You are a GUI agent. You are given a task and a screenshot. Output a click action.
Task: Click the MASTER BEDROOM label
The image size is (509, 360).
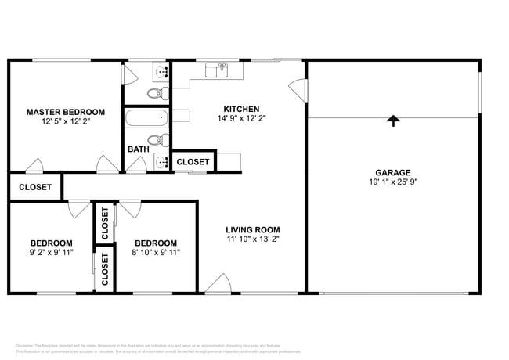coord(62,111)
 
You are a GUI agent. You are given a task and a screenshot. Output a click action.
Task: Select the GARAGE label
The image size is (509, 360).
coord(392,173)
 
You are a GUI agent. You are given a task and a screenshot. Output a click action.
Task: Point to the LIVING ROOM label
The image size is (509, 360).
coord(253,229)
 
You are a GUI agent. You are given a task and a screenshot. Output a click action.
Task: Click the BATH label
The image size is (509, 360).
coord(139,149)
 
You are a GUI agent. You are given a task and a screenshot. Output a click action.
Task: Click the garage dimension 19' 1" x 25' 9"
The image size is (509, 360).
coord(392,183)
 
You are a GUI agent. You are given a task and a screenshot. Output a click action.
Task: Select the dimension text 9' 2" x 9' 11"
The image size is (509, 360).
coord(52,253)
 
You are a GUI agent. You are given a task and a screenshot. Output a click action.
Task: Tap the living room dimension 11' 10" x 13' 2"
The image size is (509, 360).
coord(253,239)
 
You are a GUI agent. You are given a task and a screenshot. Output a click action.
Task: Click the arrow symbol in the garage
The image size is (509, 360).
coord(392,120)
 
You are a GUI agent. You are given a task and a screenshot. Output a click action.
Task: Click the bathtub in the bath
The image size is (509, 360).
coord(147,119)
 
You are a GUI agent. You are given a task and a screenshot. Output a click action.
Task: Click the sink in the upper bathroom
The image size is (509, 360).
coord(162,72)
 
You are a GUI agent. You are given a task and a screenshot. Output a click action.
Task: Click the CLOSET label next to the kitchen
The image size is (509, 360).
coord(193,162)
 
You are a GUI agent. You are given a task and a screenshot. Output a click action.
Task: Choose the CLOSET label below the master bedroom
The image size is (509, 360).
coord(35,187)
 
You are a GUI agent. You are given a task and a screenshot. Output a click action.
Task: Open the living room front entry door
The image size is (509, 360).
coord(218,284)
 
